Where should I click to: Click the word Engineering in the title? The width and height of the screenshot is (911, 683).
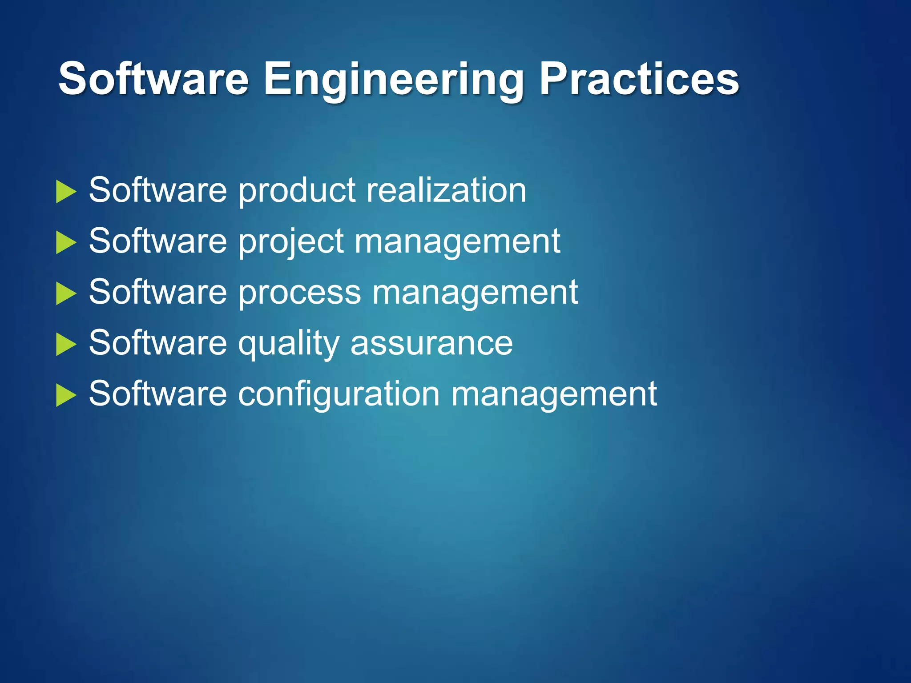pyautogui.click(x=394, y=80)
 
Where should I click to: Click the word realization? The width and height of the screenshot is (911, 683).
pyautogui.click(x=446, y=190)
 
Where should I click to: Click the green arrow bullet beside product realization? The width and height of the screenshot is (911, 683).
pyautogui.click(x=66, y=192)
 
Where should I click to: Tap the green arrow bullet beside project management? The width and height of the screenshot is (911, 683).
pyautogui.click(x=66, y=243)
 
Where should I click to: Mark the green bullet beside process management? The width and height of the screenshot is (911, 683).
pyautogui.click(x=66, y=294)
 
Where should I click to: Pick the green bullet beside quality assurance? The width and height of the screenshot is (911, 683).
pyautogui.click(x=66, y=345)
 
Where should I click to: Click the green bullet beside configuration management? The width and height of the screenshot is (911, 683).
pyautogui.click(x=66, y=395)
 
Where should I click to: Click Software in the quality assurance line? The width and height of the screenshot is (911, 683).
pyautogui.click(x=158, y=343)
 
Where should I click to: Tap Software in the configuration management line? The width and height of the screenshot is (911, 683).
pyautogui.click(x=158, y=394)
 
